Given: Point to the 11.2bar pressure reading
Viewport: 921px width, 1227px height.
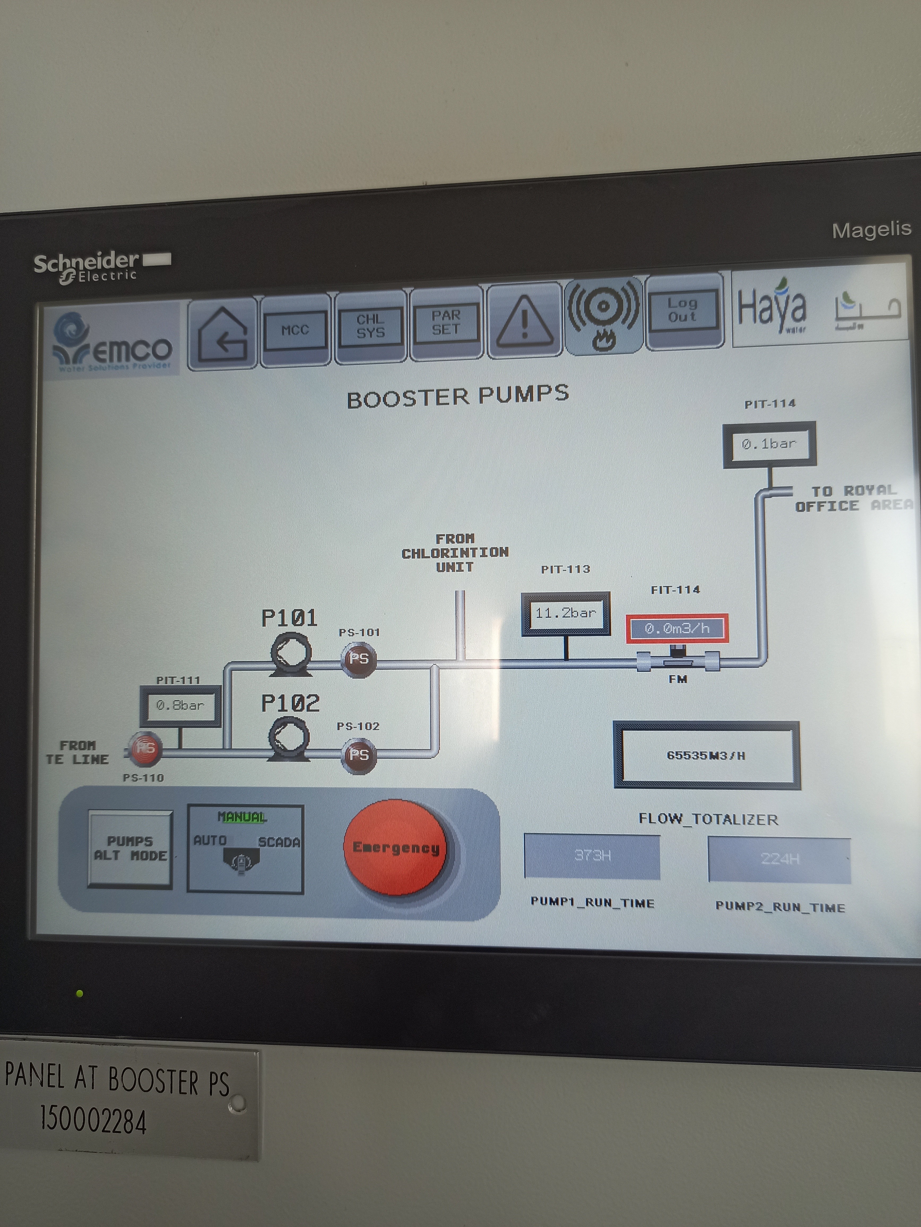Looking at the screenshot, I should [565, 613].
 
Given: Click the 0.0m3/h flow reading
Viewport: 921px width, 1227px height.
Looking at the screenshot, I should [676, 628].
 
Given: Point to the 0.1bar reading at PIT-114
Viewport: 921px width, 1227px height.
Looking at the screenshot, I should [769, 444].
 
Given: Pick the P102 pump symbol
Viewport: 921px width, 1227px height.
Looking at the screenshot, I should [289, 738].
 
